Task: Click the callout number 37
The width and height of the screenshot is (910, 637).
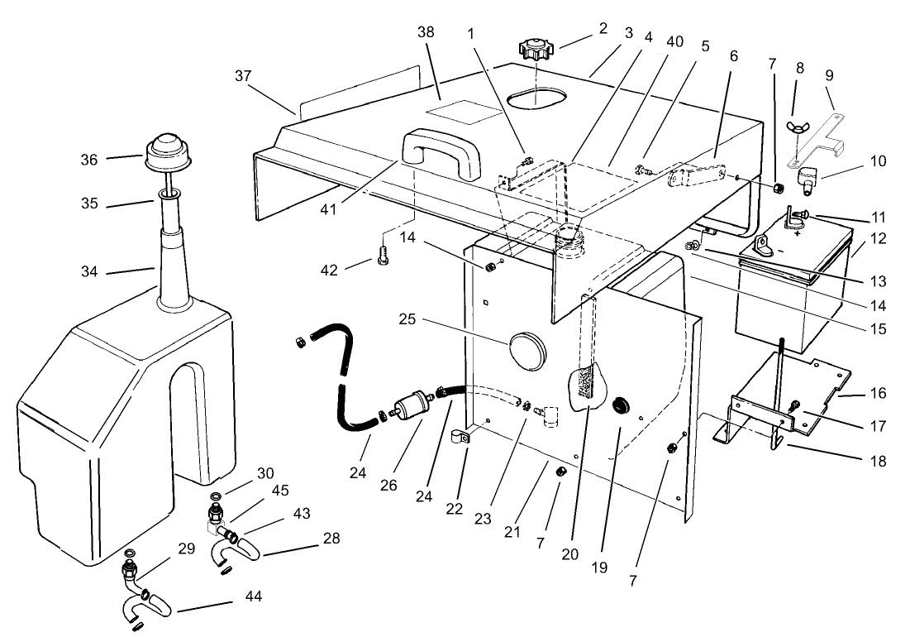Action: click(242, 75)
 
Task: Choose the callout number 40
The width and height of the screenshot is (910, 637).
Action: click(675, 43)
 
